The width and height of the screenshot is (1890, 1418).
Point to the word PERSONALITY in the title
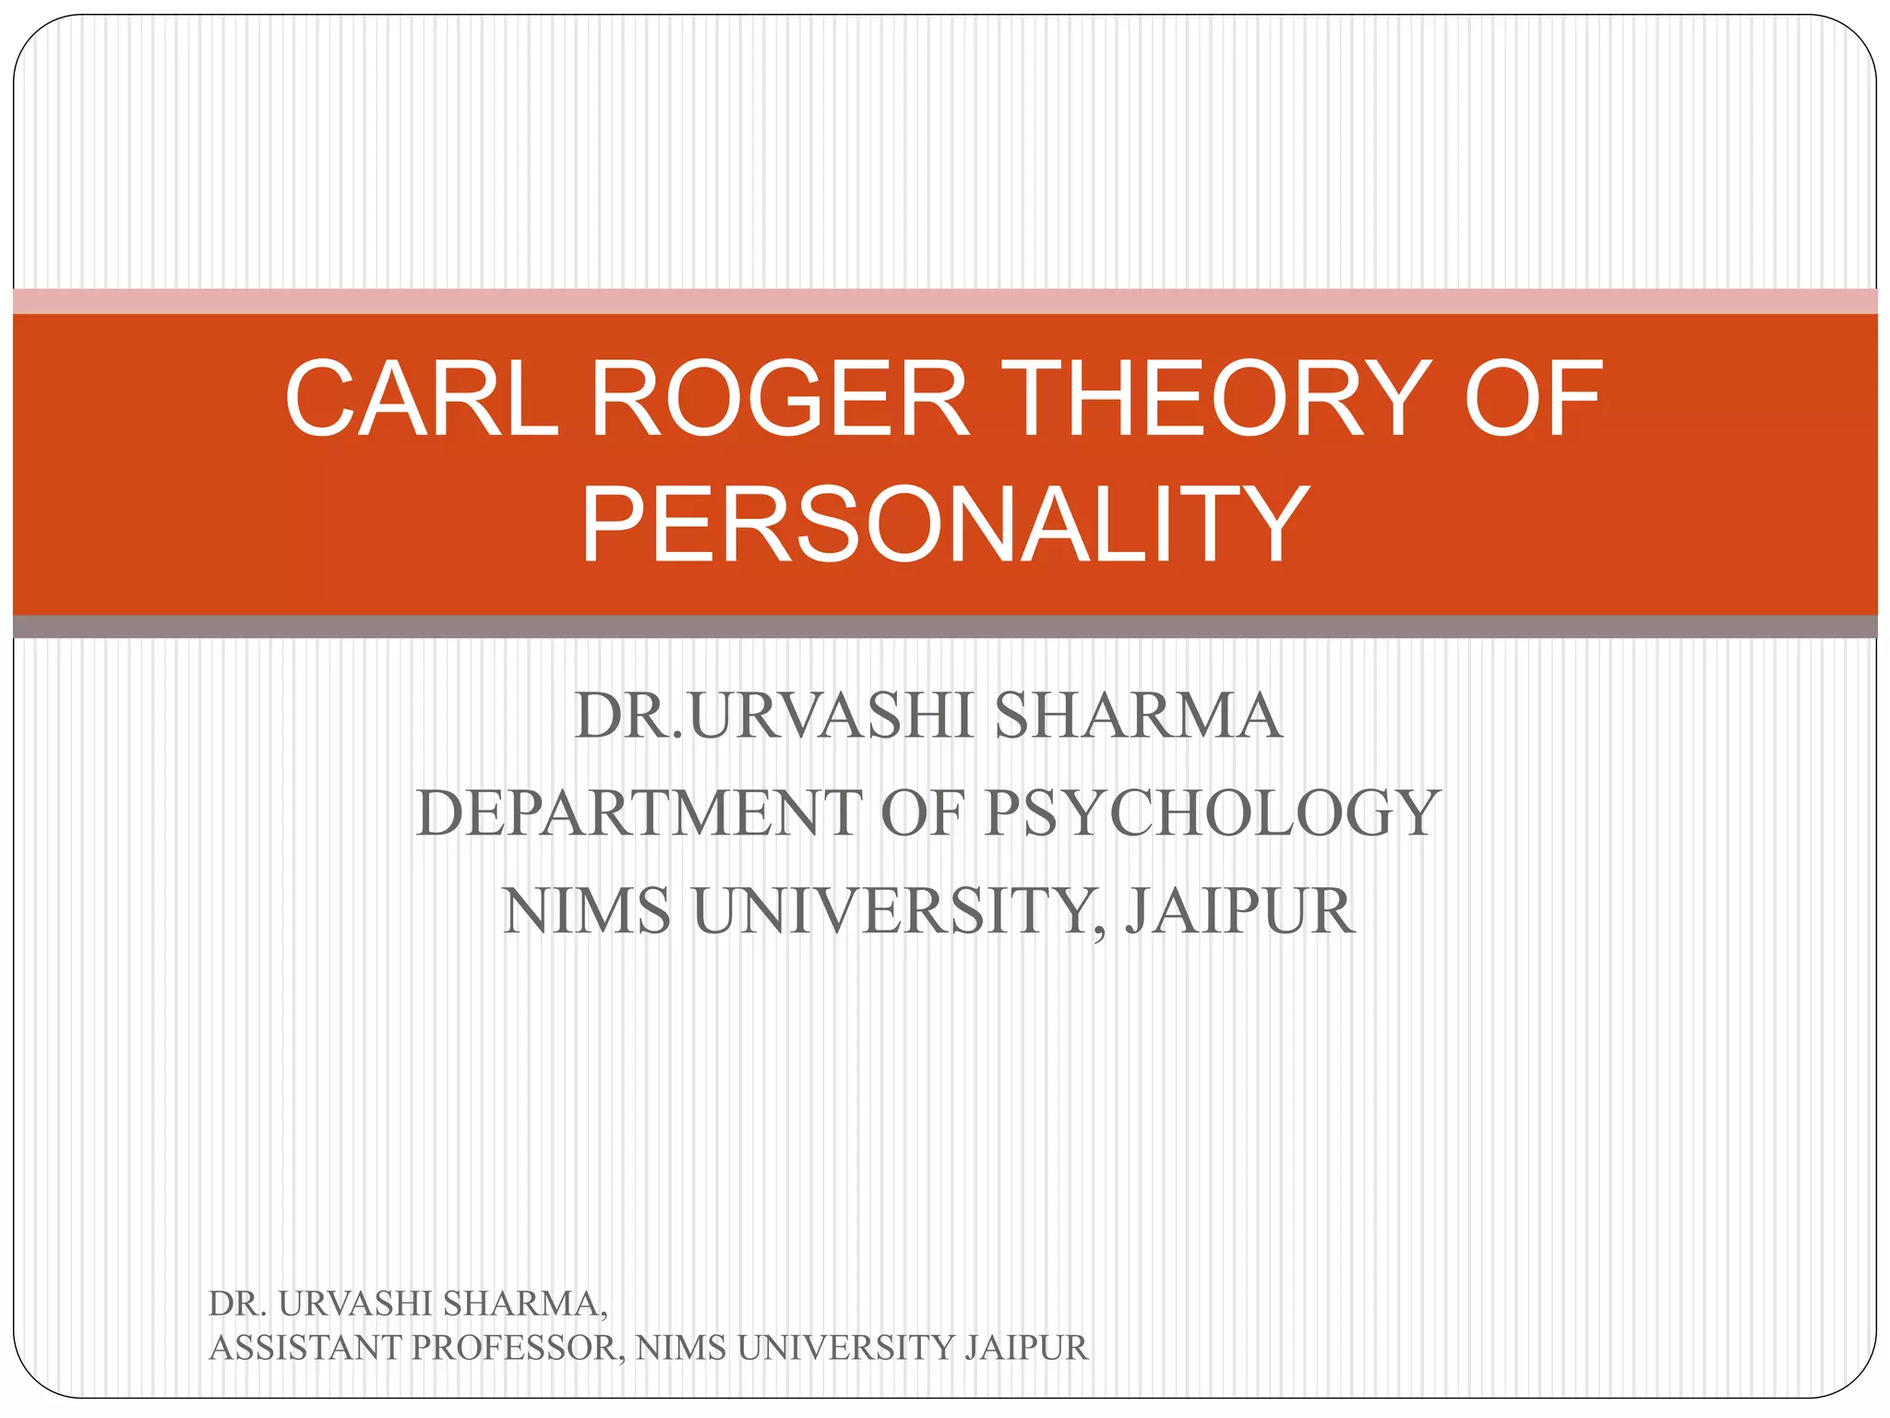[944, 524]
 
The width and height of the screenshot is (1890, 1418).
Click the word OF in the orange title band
[1533, 399]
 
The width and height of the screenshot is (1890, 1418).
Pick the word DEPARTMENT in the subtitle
[639, 813]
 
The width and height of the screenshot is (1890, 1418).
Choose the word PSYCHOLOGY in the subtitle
[1212, 813]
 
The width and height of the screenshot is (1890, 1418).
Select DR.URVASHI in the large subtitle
[773, 715]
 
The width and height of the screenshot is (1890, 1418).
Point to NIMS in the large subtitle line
[587, 911]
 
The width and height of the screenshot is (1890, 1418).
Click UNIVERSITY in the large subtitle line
[893, 911]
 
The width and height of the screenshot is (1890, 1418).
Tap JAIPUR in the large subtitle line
[1239, 911]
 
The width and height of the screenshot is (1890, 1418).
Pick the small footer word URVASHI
[355, 1304]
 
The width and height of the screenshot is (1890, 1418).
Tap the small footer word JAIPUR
[1026, 1348]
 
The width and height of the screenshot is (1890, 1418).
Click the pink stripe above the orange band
[945, 301]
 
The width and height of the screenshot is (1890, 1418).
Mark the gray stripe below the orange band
[945, 627]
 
